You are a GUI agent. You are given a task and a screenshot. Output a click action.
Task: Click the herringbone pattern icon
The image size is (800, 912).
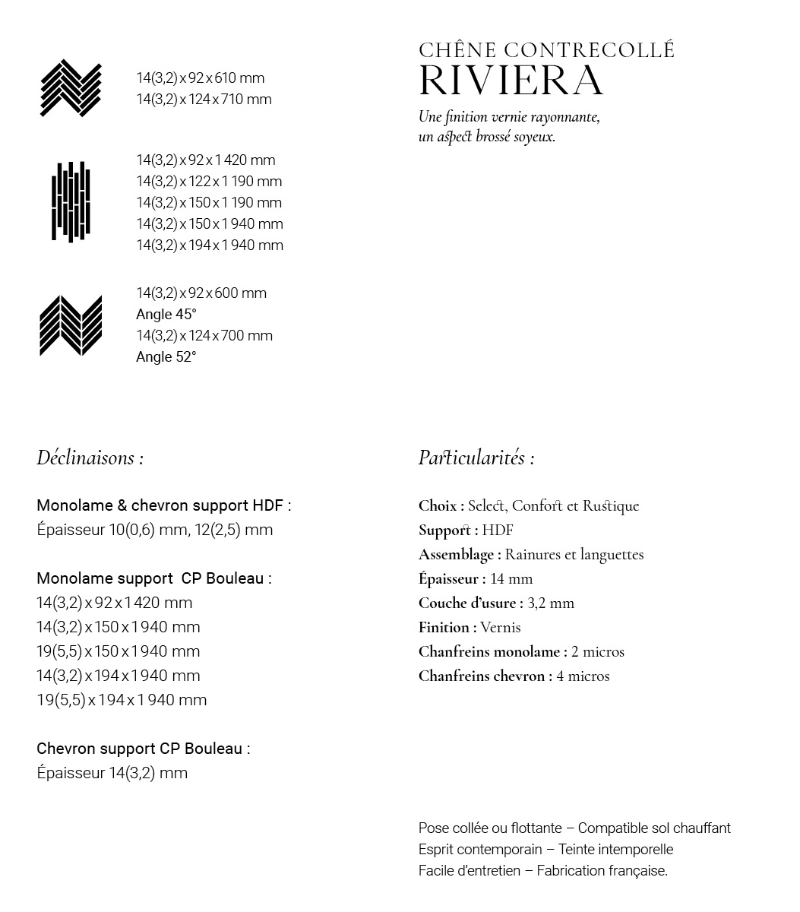coord(71,88)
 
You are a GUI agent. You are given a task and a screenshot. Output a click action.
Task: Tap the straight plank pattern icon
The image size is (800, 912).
coord(71,202)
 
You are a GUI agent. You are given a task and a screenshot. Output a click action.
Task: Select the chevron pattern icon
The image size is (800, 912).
coord(71,325)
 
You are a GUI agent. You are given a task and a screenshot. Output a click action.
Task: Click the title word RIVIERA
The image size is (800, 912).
coord(511,81)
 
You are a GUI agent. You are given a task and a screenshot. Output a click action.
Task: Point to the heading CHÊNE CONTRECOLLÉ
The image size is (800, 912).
coord(546,50)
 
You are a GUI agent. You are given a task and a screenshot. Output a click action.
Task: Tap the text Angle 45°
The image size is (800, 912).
coord(166,315)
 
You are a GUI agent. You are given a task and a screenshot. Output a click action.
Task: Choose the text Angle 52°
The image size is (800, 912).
coord(166,357)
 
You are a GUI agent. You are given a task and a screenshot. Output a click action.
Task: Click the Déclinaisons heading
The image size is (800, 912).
coord(90,458)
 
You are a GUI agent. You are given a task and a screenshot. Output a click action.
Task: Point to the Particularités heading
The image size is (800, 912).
coord(476,458)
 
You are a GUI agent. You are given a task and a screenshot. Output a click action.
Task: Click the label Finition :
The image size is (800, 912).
coord(447,627)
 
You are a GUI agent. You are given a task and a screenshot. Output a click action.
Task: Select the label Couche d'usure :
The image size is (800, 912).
coord(470,603)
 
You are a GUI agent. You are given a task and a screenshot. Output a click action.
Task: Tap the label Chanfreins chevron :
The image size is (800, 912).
coord(485,676)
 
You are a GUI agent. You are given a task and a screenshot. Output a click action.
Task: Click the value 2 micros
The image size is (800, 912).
coord(598,651)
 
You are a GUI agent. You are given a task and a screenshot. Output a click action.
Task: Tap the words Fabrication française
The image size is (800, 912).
coord(602,871)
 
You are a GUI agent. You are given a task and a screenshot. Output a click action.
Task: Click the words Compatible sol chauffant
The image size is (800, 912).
coord(654,828)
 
